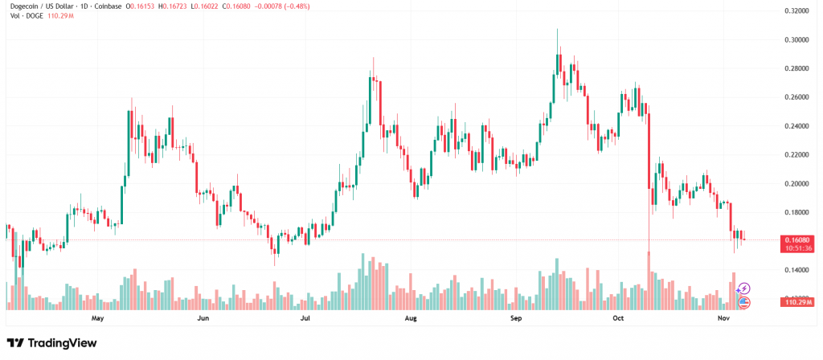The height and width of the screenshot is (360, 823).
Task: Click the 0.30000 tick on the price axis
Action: (x=796, y=39)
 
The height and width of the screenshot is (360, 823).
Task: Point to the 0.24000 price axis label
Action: (x=796, y=126)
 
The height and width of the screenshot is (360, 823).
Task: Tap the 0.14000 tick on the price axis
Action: (x=796, y=270)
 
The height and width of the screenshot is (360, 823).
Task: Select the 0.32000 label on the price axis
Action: (x=796, y=11)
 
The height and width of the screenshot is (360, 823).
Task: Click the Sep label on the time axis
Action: (x=516, y=318)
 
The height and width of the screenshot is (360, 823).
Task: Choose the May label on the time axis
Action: (x=98, y=318)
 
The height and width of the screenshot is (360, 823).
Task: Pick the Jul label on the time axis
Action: (x=305, y=318)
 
